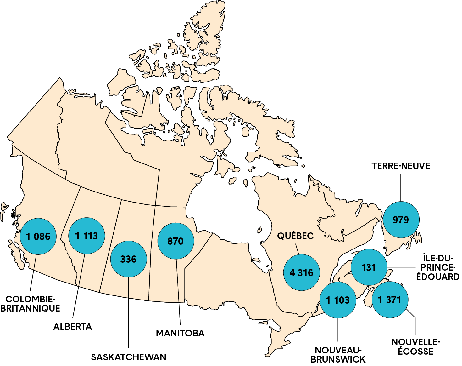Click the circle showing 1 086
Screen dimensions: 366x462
(38, 236)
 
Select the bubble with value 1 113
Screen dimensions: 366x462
(86, 236)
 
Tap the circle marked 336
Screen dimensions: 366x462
(128, 259)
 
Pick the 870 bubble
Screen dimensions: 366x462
(175, 241)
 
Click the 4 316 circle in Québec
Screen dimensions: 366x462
(301, 272)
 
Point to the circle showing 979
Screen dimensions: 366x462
(401, 220)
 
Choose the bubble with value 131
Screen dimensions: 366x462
(369, 267)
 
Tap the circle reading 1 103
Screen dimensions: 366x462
(338, 300)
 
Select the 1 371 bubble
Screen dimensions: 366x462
(390, 300)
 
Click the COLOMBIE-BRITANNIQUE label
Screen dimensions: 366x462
(30, 304)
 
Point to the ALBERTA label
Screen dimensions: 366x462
(73, 327)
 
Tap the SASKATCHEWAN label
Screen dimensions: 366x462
(129, 357)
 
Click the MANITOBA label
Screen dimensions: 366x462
(180, 333)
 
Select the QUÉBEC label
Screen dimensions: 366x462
(295, 236)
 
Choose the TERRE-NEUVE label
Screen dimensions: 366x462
(401, 166)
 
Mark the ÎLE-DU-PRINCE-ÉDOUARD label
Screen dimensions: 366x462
(438, 267)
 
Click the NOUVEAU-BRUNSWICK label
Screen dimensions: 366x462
(338, 355)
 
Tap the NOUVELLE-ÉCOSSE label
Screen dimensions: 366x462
(415, 346)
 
